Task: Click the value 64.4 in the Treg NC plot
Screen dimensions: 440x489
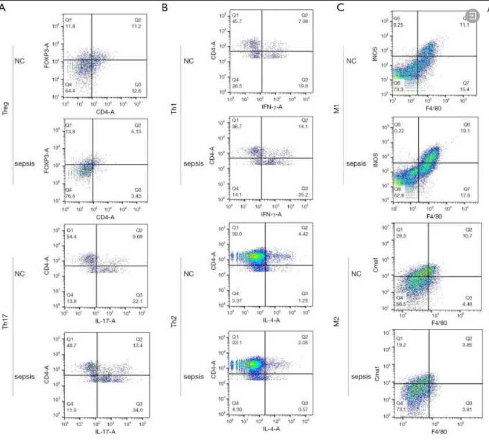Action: pos(70,91)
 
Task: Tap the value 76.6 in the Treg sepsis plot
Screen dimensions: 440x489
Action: pos(70,196)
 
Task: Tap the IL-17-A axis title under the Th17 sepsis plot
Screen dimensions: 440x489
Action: pos(106,431)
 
